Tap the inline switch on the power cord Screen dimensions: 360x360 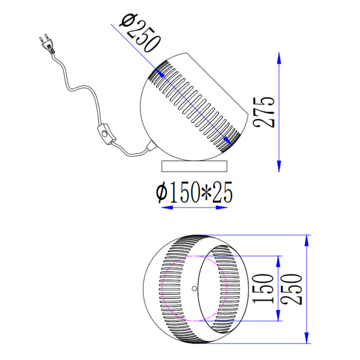106,134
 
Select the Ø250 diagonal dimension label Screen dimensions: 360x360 140,32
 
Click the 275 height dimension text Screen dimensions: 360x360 263,112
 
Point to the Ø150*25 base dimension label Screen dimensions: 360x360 194,193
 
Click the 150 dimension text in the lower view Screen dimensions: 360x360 263,289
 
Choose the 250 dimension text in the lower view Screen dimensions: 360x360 292,289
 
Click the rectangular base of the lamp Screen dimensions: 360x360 194,166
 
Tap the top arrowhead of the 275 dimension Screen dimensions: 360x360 279,58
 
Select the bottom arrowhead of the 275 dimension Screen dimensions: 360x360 279,166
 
